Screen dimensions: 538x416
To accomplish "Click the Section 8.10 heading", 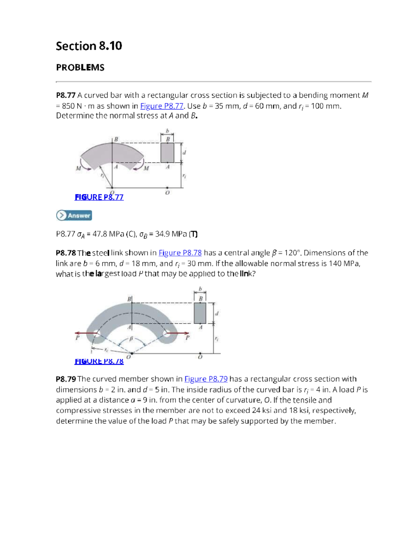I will tap(89, 46).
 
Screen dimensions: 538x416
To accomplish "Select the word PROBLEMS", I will tap(80, 68).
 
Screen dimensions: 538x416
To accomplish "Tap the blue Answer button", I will tap(74, 215).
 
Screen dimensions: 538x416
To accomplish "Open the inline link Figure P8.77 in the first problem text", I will tap(162, 106).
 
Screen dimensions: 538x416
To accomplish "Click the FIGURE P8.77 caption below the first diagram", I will tap(99, 197).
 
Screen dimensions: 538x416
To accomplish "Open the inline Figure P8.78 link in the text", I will tap(180, 253).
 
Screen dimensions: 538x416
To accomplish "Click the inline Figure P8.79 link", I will tap(206, 379).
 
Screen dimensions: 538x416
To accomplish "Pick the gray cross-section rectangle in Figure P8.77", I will tap(167, 152).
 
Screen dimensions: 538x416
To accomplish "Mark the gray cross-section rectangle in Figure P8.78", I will tap(200, 313).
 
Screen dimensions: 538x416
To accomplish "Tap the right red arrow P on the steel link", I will tap(179, 333).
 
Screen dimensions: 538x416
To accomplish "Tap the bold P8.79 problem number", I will tap(66, 379).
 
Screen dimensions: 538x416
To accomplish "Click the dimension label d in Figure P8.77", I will tap(184, 152).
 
